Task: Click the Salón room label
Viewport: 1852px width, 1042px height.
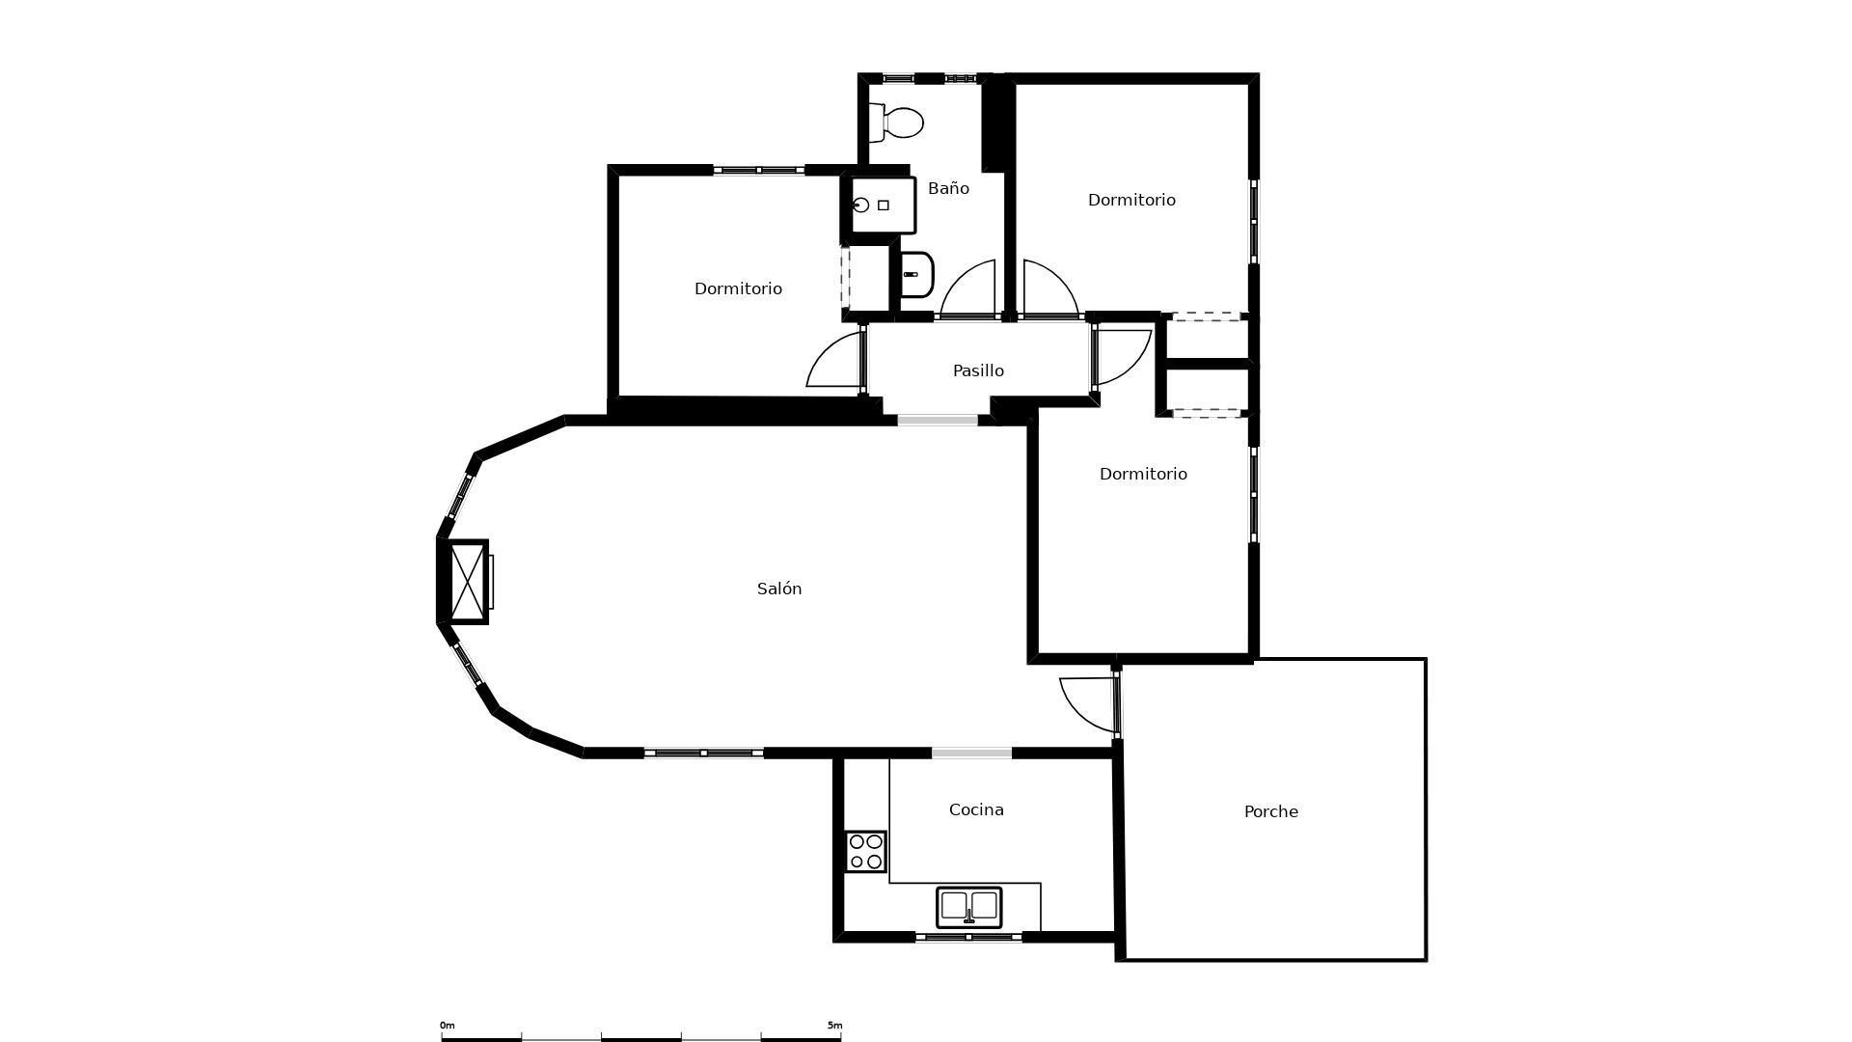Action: (779, 589)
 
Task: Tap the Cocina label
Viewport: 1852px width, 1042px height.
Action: (976, 809)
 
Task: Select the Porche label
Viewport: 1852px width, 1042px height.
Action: (1271, 811)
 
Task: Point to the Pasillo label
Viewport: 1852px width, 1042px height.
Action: (978, 370)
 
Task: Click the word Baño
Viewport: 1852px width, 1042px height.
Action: (948, 188)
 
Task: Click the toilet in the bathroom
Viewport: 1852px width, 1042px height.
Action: (896, 123)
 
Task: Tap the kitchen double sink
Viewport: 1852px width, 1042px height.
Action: (969, 907)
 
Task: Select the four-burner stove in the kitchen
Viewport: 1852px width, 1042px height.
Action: (865, 852)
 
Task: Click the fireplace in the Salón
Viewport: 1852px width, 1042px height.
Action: (466, 582)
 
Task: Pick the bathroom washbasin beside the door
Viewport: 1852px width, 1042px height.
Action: (916, 275)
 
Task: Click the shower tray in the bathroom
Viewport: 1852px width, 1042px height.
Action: (882, 205)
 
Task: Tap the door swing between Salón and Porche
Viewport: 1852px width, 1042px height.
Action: (1089, 704)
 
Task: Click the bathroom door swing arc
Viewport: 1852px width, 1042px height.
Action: (967, 288)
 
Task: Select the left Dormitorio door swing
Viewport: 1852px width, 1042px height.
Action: (834, 359)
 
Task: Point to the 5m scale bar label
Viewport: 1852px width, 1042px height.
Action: (834, 1026)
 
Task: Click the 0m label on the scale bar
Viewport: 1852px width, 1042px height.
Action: (447, 1026)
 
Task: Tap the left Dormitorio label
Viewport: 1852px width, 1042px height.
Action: (738, 288)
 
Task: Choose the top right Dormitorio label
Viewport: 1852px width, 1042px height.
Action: (1131, 200)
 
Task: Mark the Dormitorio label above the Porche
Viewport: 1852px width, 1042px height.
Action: (1143, 474)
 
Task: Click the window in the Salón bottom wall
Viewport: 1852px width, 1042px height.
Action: (704, 753)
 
